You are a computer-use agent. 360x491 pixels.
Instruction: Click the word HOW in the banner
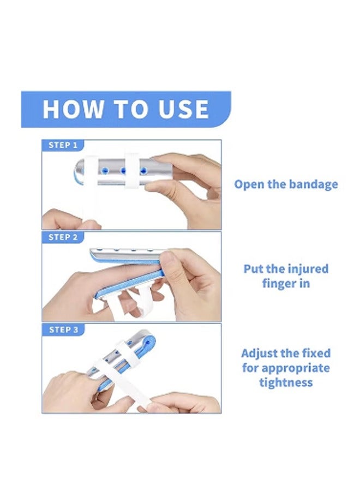pos(73,109)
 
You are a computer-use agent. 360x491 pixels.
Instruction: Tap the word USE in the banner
pos(183,109)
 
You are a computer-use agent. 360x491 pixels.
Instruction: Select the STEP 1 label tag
pos(63,145)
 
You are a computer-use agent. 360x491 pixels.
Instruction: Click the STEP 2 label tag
pos(63,237)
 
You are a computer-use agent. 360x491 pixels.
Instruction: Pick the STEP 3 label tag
pos(63,330)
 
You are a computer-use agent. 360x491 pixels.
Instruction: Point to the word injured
pos(308,269)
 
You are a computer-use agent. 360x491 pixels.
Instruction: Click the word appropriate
pos(296,368)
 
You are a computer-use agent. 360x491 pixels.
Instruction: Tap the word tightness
pos(286,382)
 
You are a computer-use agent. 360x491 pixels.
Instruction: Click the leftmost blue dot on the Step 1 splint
pos(105,171)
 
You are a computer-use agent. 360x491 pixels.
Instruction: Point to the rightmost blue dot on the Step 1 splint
pos(143,171)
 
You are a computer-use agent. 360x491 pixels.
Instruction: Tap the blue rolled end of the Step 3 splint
pos(148,344)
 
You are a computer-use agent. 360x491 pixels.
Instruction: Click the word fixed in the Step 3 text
pos(317,353)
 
